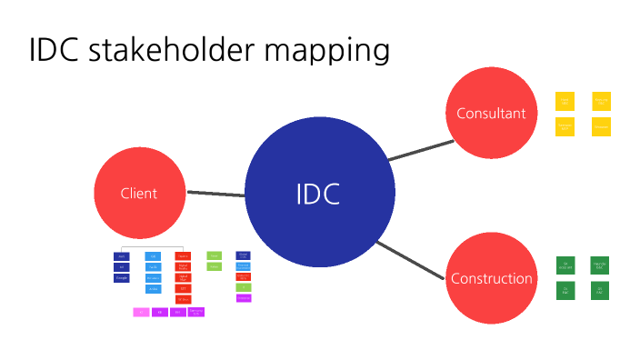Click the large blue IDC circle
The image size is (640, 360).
[320, 193]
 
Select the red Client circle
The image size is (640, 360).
[139, 193]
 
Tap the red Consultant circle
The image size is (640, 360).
[491, 114]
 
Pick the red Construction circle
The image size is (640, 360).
[492, 278]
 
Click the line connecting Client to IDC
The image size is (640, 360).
[215, 193]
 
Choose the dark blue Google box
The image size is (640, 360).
[121, 278]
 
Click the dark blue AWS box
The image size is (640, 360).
[121, 256]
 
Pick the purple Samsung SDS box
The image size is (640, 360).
[196, 312]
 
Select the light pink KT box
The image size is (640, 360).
[141, 312]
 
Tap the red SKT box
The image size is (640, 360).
[183, 289]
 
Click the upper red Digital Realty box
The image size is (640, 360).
[183, 266]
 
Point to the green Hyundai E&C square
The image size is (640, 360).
[600, 265]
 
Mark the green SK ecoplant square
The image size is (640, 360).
[565, 265]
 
